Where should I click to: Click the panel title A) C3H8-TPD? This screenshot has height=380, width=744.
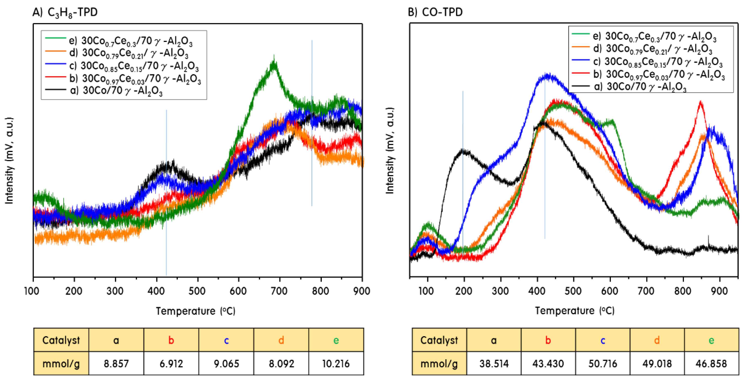click(x=65, y=12)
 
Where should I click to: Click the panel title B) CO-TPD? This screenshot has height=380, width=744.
click(x=435, y=12)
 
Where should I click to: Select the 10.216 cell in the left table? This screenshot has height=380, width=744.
click(x=336, y=364)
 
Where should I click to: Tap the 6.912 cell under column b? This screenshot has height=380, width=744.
click(x=171, y=364)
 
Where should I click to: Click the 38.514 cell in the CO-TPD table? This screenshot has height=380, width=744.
click(x=494, y=364)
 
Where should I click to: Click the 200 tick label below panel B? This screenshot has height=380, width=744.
click(x=464, y=291)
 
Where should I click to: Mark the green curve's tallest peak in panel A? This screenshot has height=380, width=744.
click(x=274, y=62)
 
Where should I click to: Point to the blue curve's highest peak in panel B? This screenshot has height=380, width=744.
click(x=547, y=76)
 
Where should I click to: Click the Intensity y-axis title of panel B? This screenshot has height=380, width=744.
click(x=390, y=150)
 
